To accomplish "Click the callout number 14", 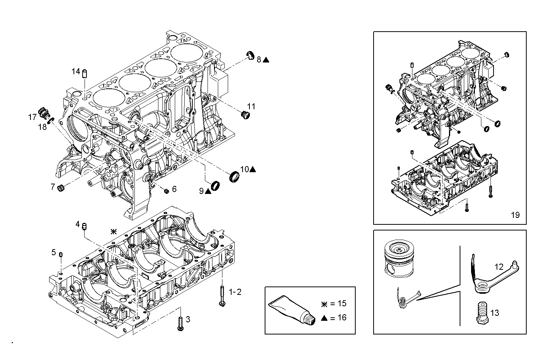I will pos(76,71).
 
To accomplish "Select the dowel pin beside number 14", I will pos(85,72).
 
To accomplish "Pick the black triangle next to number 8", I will pos(266,59).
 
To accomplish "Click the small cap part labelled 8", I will pos(251,54).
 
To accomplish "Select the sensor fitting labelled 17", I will pos(45,112).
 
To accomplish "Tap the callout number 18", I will pos(42,127).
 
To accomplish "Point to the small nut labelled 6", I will pos(166,190).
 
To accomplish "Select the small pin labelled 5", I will pos(61,254).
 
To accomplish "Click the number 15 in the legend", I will pos(342,303).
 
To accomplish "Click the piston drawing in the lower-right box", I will pos(398,258).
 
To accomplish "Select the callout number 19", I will pos(515,215).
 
